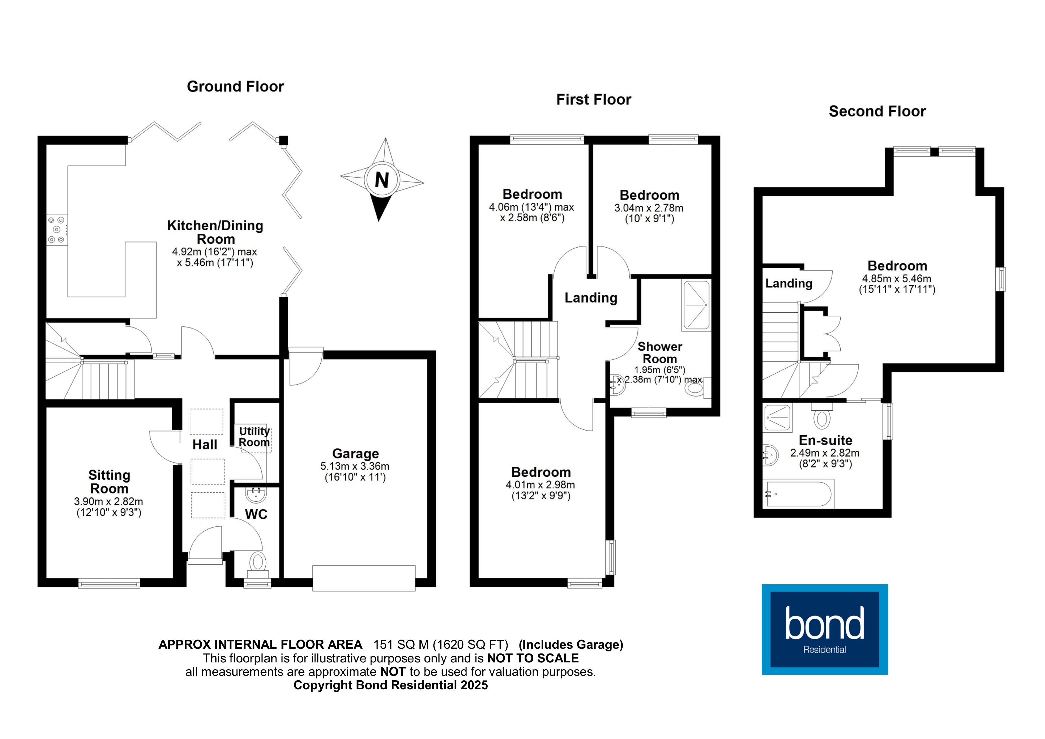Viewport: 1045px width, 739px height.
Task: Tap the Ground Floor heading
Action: click(235, 86)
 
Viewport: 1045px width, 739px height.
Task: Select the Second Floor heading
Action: click(877, 111)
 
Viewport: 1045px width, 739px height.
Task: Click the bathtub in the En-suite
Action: click(799, 493)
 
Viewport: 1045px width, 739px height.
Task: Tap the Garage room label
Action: click(355, 454)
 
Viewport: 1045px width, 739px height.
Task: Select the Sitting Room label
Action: click(109, 482)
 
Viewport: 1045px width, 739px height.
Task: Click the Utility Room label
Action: click(254, 436)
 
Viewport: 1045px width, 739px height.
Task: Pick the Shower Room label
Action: click(660, 353)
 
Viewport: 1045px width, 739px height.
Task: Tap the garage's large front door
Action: click(364, 578)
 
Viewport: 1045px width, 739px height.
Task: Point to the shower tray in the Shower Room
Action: click(696, 305)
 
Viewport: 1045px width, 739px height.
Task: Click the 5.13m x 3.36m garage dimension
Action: click(355, 466)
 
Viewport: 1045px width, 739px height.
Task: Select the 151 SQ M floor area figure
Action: click(401, 645)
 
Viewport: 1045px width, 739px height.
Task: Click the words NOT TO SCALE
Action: click(533, 659)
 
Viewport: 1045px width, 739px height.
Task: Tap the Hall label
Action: click(205, 445)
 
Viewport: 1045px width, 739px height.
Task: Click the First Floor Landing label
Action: click(591, 298)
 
